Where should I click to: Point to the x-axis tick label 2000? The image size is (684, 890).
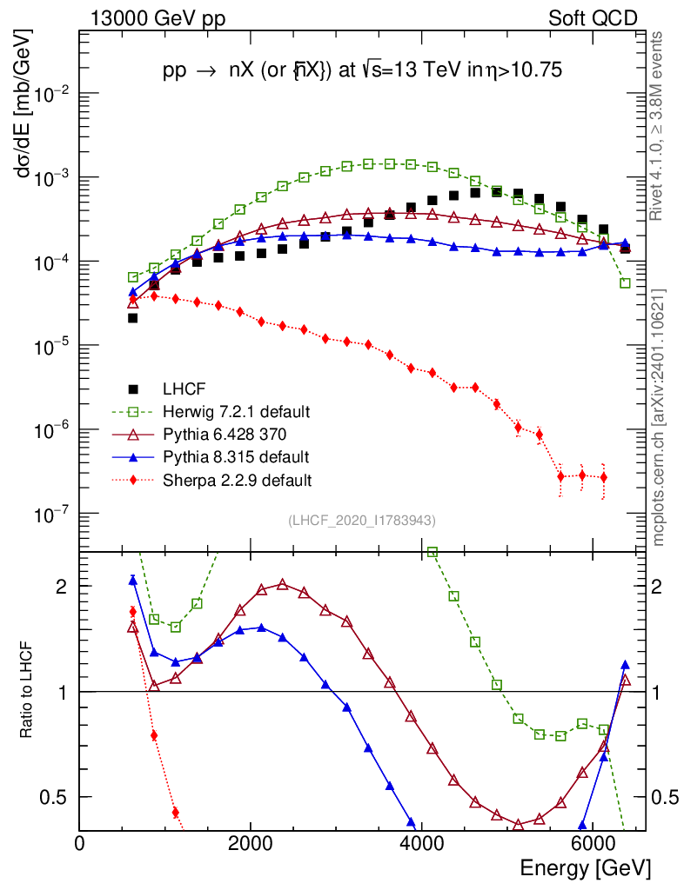click(x=251, y=843)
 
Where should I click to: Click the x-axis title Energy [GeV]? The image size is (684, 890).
click(x=584, y=867)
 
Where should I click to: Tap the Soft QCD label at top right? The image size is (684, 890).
click(x=593, y=18)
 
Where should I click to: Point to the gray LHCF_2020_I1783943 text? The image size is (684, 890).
click(x=362, y=520)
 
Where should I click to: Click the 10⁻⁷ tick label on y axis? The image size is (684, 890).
click(x=53, y=515)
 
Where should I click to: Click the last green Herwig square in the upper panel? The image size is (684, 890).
click(x=625, y=283)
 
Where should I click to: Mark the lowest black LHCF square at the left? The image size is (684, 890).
click(x=133, y=318)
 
